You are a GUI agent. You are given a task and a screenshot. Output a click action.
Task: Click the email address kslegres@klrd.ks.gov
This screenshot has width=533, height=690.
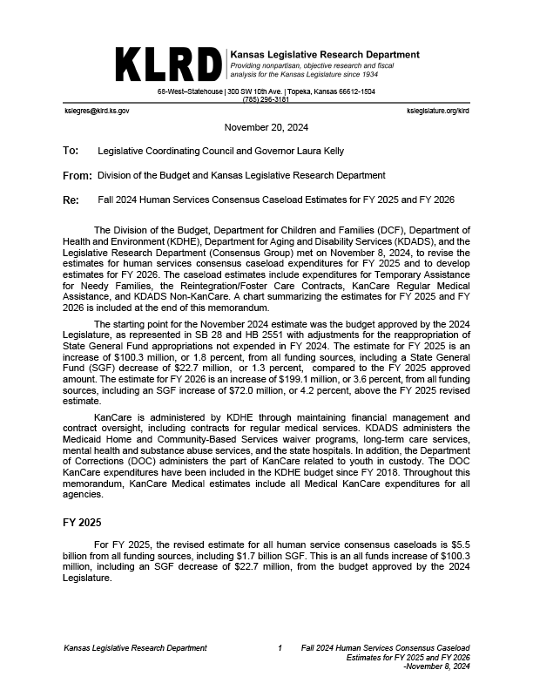(x=97, y=112)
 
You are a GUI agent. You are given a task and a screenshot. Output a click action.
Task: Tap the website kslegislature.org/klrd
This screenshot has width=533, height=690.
(x=437, y=112)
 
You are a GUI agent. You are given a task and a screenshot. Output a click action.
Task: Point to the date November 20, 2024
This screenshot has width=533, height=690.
(x=266, y=127)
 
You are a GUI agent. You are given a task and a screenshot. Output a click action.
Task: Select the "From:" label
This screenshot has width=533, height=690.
(x=78, y=176)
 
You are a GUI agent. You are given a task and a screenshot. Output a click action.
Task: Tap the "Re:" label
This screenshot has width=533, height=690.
(x=71, y=200)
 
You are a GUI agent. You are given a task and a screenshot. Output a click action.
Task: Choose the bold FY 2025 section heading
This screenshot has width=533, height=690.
(x=82, y=523)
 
